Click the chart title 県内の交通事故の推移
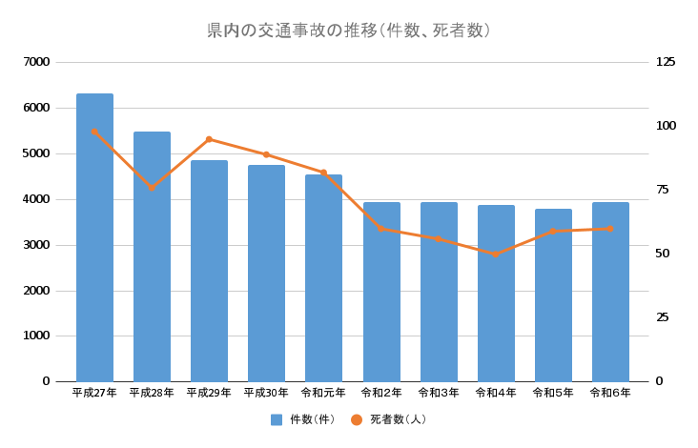click(348, 31)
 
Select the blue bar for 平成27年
click(94, 238)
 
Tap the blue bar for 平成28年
click(152, 257)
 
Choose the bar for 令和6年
click(610, 292)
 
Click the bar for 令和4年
click(496, 294)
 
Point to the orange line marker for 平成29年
click(209, 139)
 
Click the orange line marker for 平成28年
click(152, 188)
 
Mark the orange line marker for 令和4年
click(496, 255)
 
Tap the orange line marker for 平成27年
click(94, 132)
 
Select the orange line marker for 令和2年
click(381, 229)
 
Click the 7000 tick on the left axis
click(37, 62)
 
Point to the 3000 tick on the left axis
click(37, 245)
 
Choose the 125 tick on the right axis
click(666, 62)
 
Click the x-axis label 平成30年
click(266, 393)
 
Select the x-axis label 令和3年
click(439, 393)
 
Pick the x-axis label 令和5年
click(553, 393)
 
